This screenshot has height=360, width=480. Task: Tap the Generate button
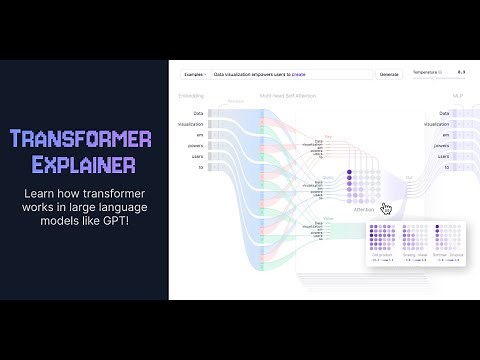pyautogui.click(x=388, y=74)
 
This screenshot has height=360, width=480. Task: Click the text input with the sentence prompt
pyautogui.click(x=290, y=74)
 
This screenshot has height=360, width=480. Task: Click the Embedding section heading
pyautogui.click(x=190, y=96)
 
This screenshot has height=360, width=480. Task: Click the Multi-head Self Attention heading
pyautogui.click(x=289, y=96)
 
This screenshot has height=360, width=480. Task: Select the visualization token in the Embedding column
pyautogui.click(x=191, y=125)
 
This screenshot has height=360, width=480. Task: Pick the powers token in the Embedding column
pyautogui.click(x=196, y=145)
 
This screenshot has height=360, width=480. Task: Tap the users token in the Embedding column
pyautogui.click(x=197, y=155)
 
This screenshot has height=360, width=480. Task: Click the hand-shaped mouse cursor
pyautogui.click(x=386, y=208)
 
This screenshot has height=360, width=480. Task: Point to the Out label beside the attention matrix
pyautogui.click(x=408, y=177)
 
